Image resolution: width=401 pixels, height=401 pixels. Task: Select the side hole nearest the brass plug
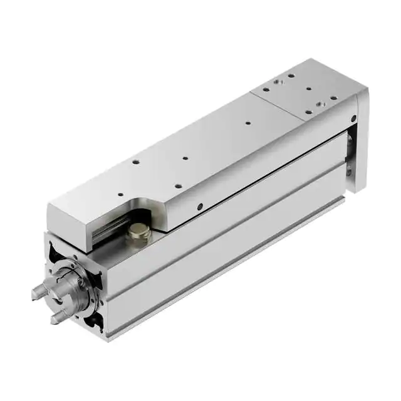(x=199, y=207)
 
